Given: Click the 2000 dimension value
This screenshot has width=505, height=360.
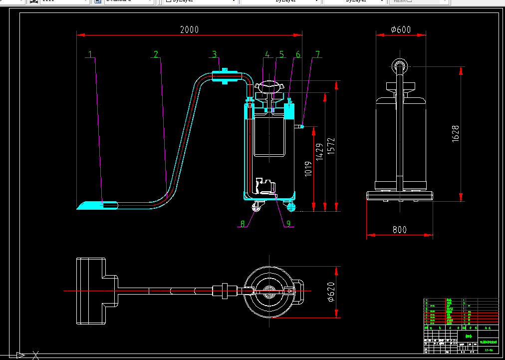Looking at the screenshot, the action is pyautogui.click(x=189, y=30).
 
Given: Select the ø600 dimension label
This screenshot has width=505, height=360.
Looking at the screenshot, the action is pyautogui.click(x=401, y=30).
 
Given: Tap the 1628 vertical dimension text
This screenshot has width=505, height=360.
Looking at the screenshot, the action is pyautogui.click(x=456, y=134).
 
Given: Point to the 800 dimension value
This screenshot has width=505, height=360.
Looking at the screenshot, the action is pyautogui.click(x=399, y=230).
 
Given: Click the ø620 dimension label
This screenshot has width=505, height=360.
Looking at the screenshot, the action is pyautogui.click(x=331, y=293).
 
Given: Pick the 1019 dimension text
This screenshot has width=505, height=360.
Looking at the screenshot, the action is pyautogui.click(x=308, y=169).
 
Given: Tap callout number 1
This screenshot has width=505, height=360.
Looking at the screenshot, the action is pyautogui.click(x=91, y=54).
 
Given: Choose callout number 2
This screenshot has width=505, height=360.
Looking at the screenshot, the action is pyautogui.click(x=156, y=54).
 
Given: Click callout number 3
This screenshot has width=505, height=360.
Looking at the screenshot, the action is pyautogui.click(x=214, y=54).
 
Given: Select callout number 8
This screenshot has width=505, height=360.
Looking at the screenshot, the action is pyautogui.click(x=243, y=224).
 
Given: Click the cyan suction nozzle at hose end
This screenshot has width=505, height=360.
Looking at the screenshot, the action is pyautogui.click(x=90, y=205).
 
